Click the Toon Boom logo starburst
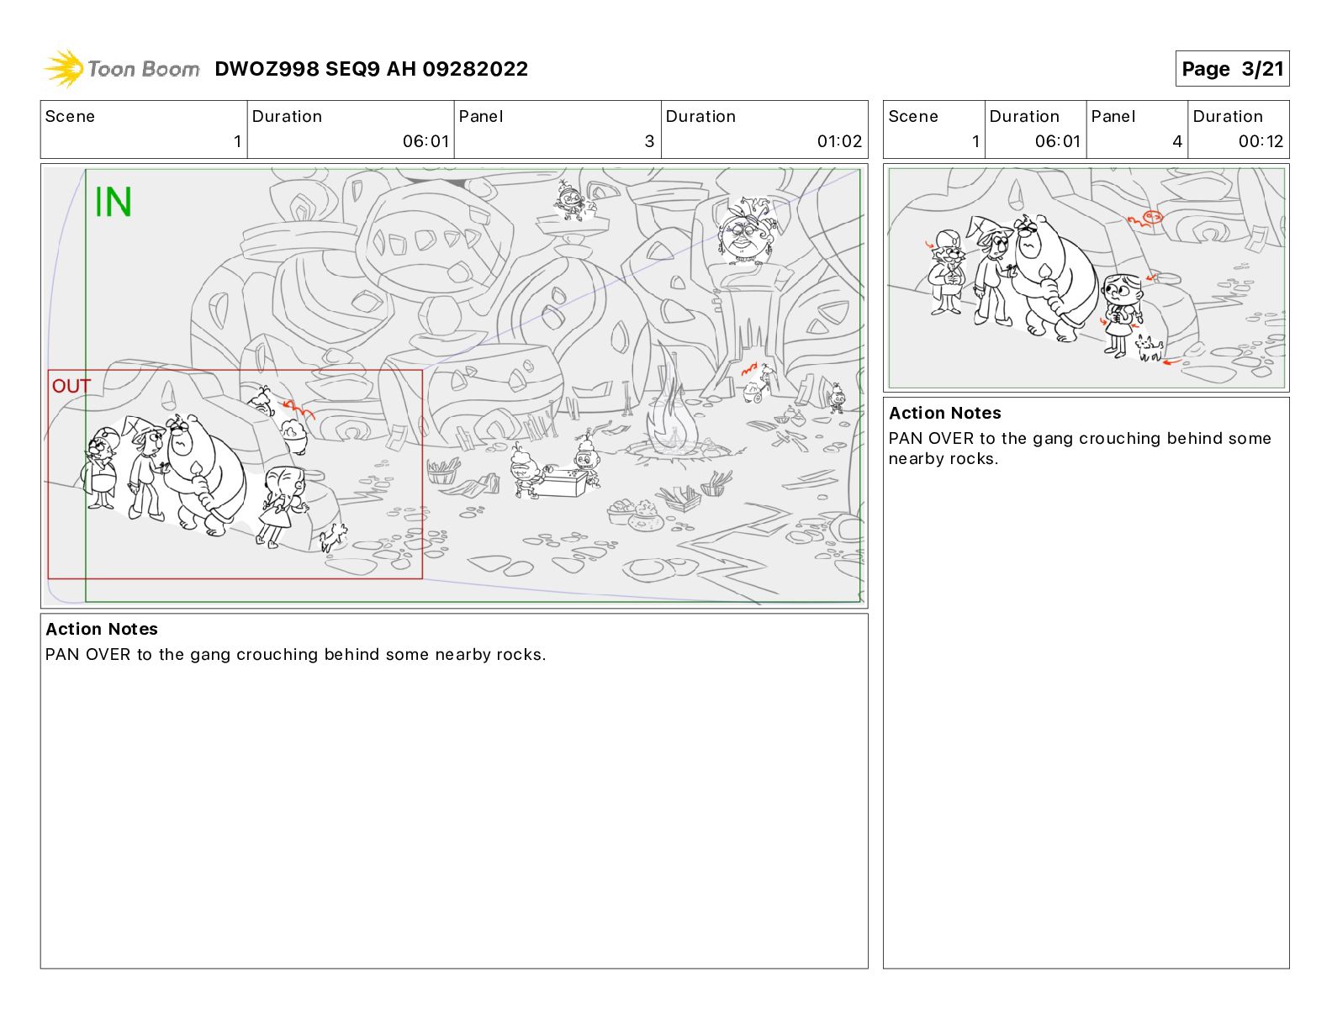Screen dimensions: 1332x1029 coord(64,68)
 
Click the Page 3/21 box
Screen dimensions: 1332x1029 coord(1231,69)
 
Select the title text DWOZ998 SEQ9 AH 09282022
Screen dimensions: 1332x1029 coord(371,69)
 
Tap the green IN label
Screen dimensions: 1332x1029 coord(114,202)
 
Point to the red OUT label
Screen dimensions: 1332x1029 coord(71,386)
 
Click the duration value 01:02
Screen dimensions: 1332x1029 coord(839,141)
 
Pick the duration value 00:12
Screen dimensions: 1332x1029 coord(1261,141)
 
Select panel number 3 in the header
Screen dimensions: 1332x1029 coord(649,141)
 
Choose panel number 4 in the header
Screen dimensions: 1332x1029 coord(1177,141)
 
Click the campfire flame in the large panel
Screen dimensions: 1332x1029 coord(673,408)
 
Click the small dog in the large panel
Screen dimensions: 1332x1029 coord(334,537)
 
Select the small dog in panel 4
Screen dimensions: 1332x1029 coord(1148,350)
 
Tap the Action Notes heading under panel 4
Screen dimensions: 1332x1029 coord(944,413)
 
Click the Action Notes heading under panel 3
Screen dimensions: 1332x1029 coord(102,629)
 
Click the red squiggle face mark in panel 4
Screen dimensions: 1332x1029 coord(1144,219)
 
